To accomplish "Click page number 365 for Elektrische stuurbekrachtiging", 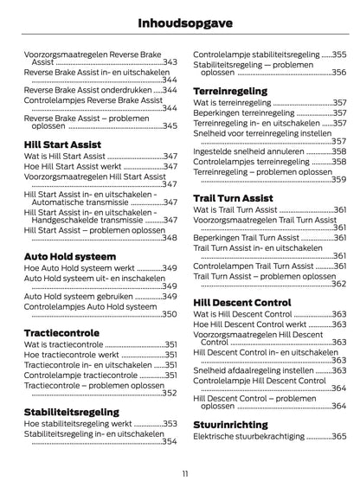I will coord(339,438).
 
